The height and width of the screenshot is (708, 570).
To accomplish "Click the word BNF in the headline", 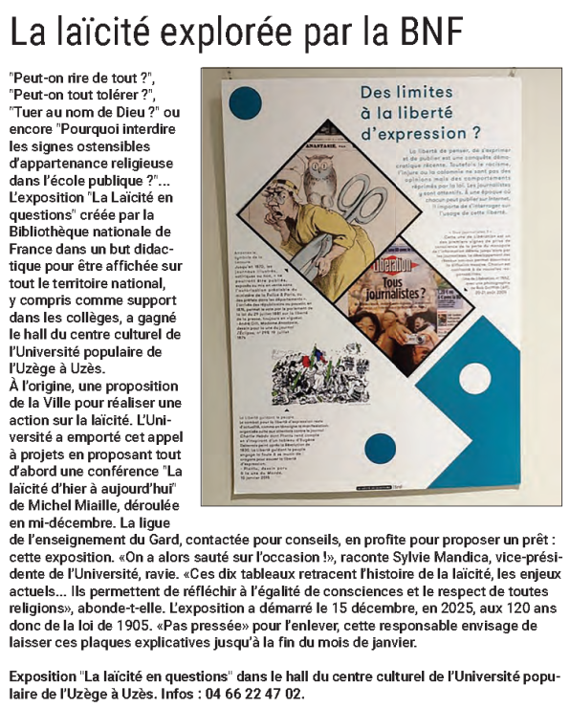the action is coord(427,33).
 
